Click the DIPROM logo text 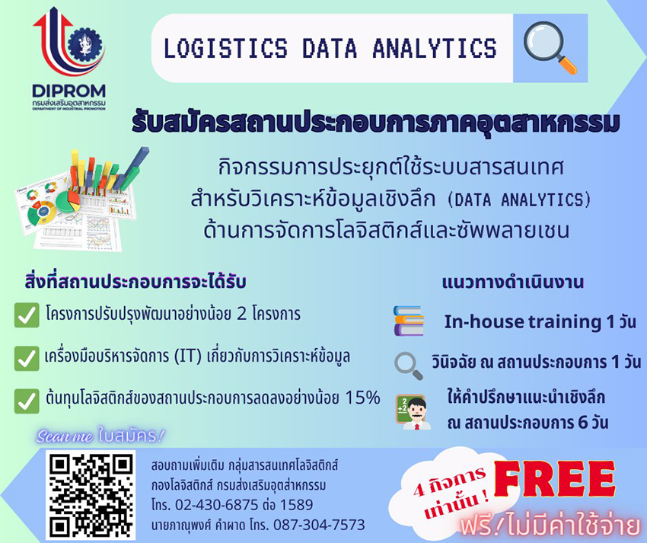(69, 91)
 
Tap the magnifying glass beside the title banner (550, 47)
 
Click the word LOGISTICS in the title (226, 48)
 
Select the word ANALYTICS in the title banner (435, 48)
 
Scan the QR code (91, 496)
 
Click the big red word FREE (554, 478)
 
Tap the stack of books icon (409, 321)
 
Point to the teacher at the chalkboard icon (413, 412)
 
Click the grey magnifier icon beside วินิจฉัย (409, 366)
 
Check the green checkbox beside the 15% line (27, 401)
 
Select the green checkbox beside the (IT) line (27, 358)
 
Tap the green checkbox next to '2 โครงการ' (27, 315)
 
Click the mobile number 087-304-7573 (319, 525)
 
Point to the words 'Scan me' (65, 436)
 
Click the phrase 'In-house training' (523, 321)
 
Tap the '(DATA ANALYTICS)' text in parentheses (519, 200)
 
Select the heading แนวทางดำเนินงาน (513, 283)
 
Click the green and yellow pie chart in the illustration (68, 202)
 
